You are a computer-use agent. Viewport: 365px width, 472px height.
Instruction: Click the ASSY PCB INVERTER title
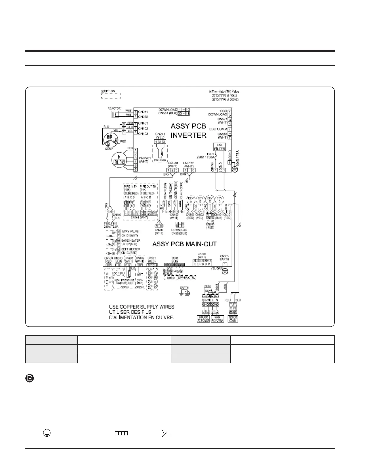(x=188, y=131)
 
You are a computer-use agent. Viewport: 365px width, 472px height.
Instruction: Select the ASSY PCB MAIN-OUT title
(x=184, y=244)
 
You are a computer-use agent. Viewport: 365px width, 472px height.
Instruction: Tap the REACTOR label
(x=114, y=108)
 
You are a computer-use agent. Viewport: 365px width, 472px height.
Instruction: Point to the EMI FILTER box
(x=219, y=147)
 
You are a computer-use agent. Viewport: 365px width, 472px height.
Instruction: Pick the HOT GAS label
(x=160, y=160)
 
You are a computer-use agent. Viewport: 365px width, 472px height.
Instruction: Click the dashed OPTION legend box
(x=111, y=96)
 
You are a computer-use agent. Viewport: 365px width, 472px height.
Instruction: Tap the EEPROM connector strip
(x=202, y=264)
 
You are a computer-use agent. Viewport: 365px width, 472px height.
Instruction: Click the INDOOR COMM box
(x=233, y=319)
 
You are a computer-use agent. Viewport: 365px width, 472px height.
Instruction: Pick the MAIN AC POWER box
(x=217, y=319)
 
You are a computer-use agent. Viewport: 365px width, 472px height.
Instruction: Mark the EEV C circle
(x=210, y=199)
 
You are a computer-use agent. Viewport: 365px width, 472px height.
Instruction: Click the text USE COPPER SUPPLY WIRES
(x=142, y=307)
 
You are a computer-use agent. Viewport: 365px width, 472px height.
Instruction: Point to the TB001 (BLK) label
(x=174, y=260)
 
